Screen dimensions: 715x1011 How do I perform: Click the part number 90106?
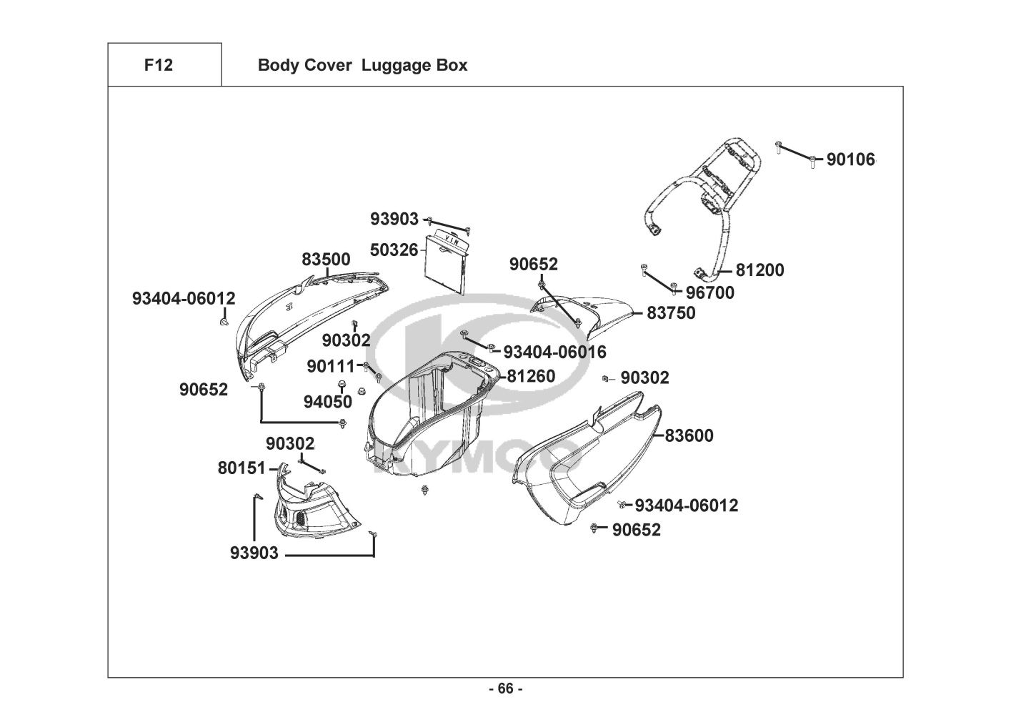point(850,159)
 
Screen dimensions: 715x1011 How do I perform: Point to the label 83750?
point(671,313)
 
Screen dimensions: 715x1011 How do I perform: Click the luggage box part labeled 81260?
point(429,415)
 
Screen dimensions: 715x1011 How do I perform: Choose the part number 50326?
point(394,250)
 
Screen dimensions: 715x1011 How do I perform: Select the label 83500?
point(326,260)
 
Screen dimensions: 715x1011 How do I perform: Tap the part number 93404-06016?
point(554,352)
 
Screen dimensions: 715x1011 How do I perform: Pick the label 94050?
point(328,402)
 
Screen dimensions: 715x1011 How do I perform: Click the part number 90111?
point(331,366)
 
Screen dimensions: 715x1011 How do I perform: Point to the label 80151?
point(241,468)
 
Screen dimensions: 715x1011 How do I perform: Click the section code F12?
point(158,65)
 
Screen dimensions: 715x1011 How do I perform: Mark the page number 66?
point(505,689)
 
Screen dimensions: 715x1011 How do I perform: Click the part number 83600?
point(689,435)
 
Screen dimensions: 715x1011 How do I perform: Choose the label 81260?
point(531,376)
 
